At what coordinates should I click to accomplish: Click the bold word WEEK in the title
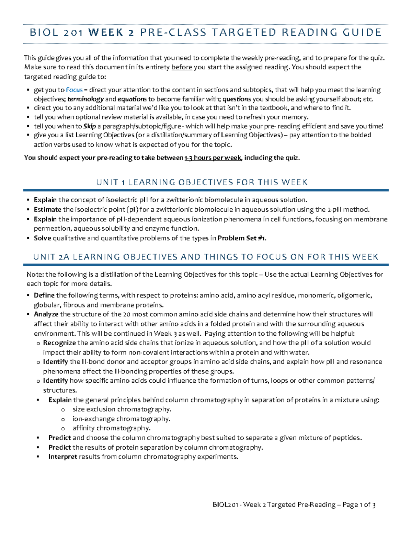click(x=105, y=33)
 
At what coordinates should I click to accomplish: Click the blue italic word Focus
click(x=74, y=90)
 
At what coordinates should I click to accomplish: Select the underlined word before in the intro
click(x=182, y=67)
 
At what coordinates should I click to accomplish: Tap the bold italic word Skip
click(x=90, y=126)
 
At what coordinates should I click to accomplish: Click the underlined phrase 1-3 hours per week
click(x=213, y=158)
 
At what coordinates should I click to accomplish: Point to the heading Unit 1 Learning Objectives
click(x=202, y=182)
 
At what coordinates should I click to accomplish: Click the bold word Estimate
click(x=47, y=210)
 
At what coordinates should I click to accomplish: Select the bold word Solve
click(x=42, y=238)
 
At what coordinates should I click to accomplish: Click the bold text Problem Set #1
click(x=242, y=238)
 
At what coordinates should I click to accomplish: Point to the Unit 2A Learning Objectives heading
click(x=206, y=257)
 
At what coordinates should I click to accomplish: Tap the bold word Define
click(x=44, y=296)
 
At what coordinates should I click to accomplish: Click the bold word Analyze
click(x=46, y=314)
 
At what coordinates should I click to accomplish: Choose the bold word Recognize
click(x=59, y=343)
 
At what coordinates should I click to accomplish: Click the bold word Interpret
click(x=63, y=457)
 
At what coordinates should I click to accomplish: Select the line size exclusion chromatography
click(x=122, y=409)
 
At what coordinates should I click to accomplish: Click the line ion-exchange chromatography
click(x=121, y=419)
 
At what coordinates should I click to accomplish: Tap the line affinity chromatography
click(x=111, y=428)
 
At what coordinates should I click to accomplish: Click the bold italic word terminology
click(x=85, y=100)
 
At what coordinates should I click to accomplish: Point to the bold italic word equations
click(x=132, y=100)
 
